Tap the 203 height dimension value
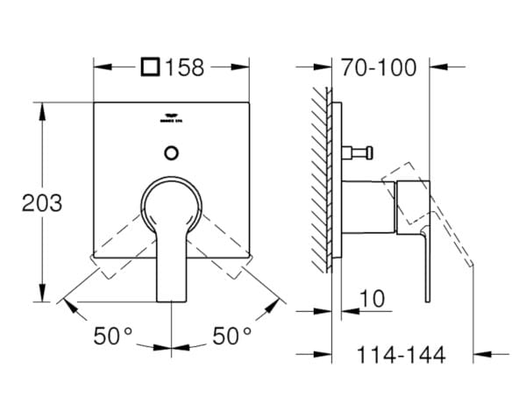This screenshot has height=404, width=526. pyautogui.click(x=42, y=203)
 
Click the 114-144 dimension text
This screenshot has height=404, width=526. pyautogui.click(x=402, y=355)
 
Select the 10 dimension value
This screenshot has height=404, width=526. pyautogui.click(x=372, y=299)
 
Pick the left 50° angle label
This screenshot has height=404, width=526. pyautogui.click(x=114, y=335)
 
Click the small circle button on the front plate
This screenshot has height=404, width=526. pyautogui.click(x=170, y=152)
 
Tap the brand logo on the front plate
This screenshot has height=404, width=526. pyautogui.click(x=170, y=121)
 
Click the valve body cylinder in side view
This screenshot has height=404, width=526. pyautogui.click(x=363, y=208)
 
